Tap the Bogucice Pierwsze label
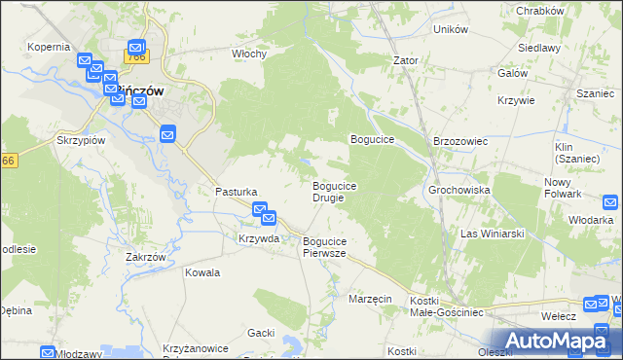click(x=324, y=246)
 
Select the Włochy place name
click(x=249, y=54)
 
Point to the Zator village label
click(x=405, y=60)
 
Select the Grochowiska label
click(x=458, y=190)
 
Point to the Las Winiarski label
click(x=493, y=234)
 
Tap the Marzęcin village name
click(x=369, y=299)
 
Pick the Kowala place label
click(x=202, y=272)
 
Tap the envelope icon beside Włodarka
click(x=610, y=202)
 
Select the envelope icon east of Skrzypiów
click(x=167, y=134)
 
